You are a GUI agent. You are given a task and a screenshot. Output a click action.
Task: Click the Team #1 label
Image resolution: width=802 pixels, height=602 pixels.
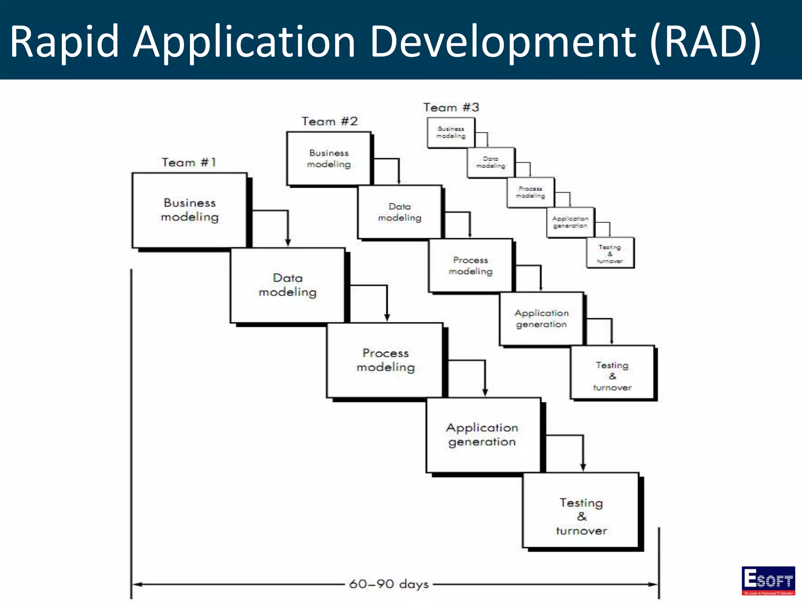click(189, 162)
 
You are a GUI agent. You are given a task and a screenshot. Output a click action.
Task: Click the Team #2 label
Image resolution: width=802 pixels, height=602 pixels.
click(329, 121)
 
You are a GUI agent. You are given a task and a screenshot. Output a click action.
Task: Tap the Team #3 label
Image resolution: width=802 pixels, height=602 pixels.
click(451, 107)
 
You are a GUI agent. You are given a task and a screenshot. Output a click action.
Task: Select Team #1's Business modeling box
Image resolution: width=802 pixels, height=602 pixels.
click(190, 210)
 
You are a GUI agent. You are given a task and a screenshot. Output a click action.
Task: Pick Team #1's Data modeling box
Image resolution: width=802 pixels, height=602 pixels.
click(287, 285)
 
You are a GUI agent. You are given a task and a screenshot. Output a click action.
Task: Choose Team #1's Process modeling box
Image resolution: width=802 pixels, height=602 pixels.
click(385, 360)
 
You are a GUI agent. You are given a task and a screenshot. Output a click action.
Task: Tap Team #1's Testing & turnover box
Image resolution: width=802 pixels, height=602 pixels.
click(581, 510)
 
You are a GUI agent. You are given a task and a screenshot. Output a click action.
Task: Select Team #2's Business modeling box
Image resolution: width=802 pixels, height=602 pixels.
click(329, 158)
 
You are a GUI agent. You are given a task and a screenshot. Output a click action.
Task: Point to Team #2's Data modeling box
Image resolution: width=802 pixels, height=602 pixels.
click(399, 212)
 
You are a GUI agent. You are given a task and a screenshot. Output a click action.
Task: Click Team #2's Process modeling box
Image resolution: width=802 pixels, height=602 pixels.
click(470, 265)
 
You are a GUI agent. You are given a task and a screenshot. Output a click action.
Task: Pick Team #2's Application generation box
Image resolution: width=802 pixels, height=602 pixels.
click(541, 319)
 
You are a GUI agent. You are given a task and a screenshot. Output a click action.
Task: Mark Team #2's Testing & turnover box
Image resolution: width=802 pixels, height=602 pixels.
click(612, 372)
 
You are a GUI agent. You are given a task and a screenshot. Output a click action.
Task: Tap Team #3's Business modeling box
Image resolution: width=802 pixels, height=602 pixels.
click(451, 133)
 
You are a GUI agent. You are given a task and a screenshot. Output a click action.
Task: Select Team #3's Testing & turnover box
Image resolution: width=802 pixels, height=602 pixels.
click(610, 253)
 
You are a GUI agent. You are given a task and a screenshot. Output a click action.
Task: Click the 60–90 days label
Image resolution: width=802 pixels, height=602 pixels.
click(389, 584)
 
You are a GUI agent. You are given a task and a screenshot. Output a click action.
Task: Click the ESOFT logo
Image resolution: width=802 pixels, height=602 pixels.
click(768, 580)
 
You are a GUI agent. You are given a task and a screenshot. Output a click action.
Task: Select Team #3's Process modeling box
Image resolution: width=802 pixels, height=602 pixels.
click(530, 192)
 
